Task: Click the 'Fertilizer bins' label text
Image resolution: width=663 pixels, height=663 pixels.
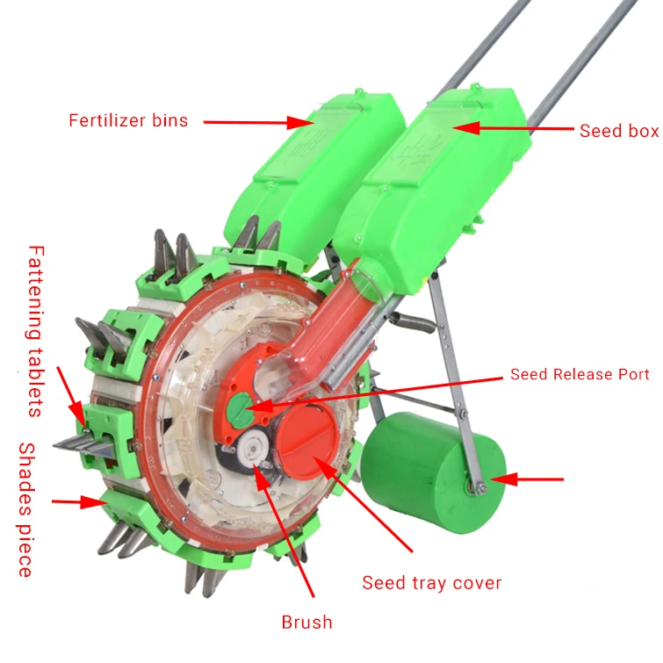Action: pyautogui.click(x=128, y=121)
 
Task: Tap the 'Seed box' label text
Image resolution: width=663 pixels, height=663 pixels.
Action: pyautogui.click(x=618, y=131)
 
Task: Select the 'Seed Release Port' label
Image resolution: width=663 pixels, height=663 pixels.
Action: pyautogui.click(x=580, y=374)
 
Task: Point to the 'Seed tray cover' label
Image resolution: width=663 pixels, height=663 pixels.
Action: pyautogui.click(x=432, y=582)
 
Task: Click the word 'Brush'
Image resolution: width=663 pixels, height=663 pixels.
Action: pyautogui.click(x=306, y=623)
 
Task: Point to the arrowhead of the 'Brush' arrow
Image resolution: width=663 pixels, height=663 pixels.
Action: pyautogui.click(x=260, y=465)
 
